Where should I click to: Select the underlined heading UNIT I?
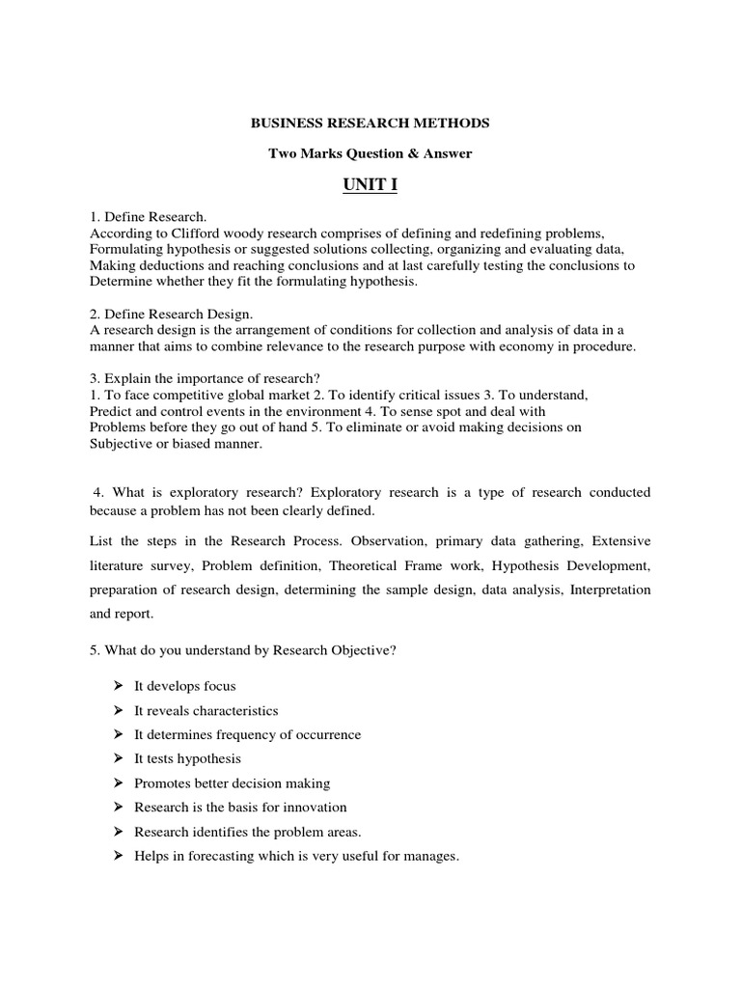click(x=370, y=185)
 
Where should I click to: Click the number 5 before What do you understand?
click(x=93, y=650)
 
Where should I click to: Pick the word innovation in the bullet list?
click(x=312, y=808)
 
